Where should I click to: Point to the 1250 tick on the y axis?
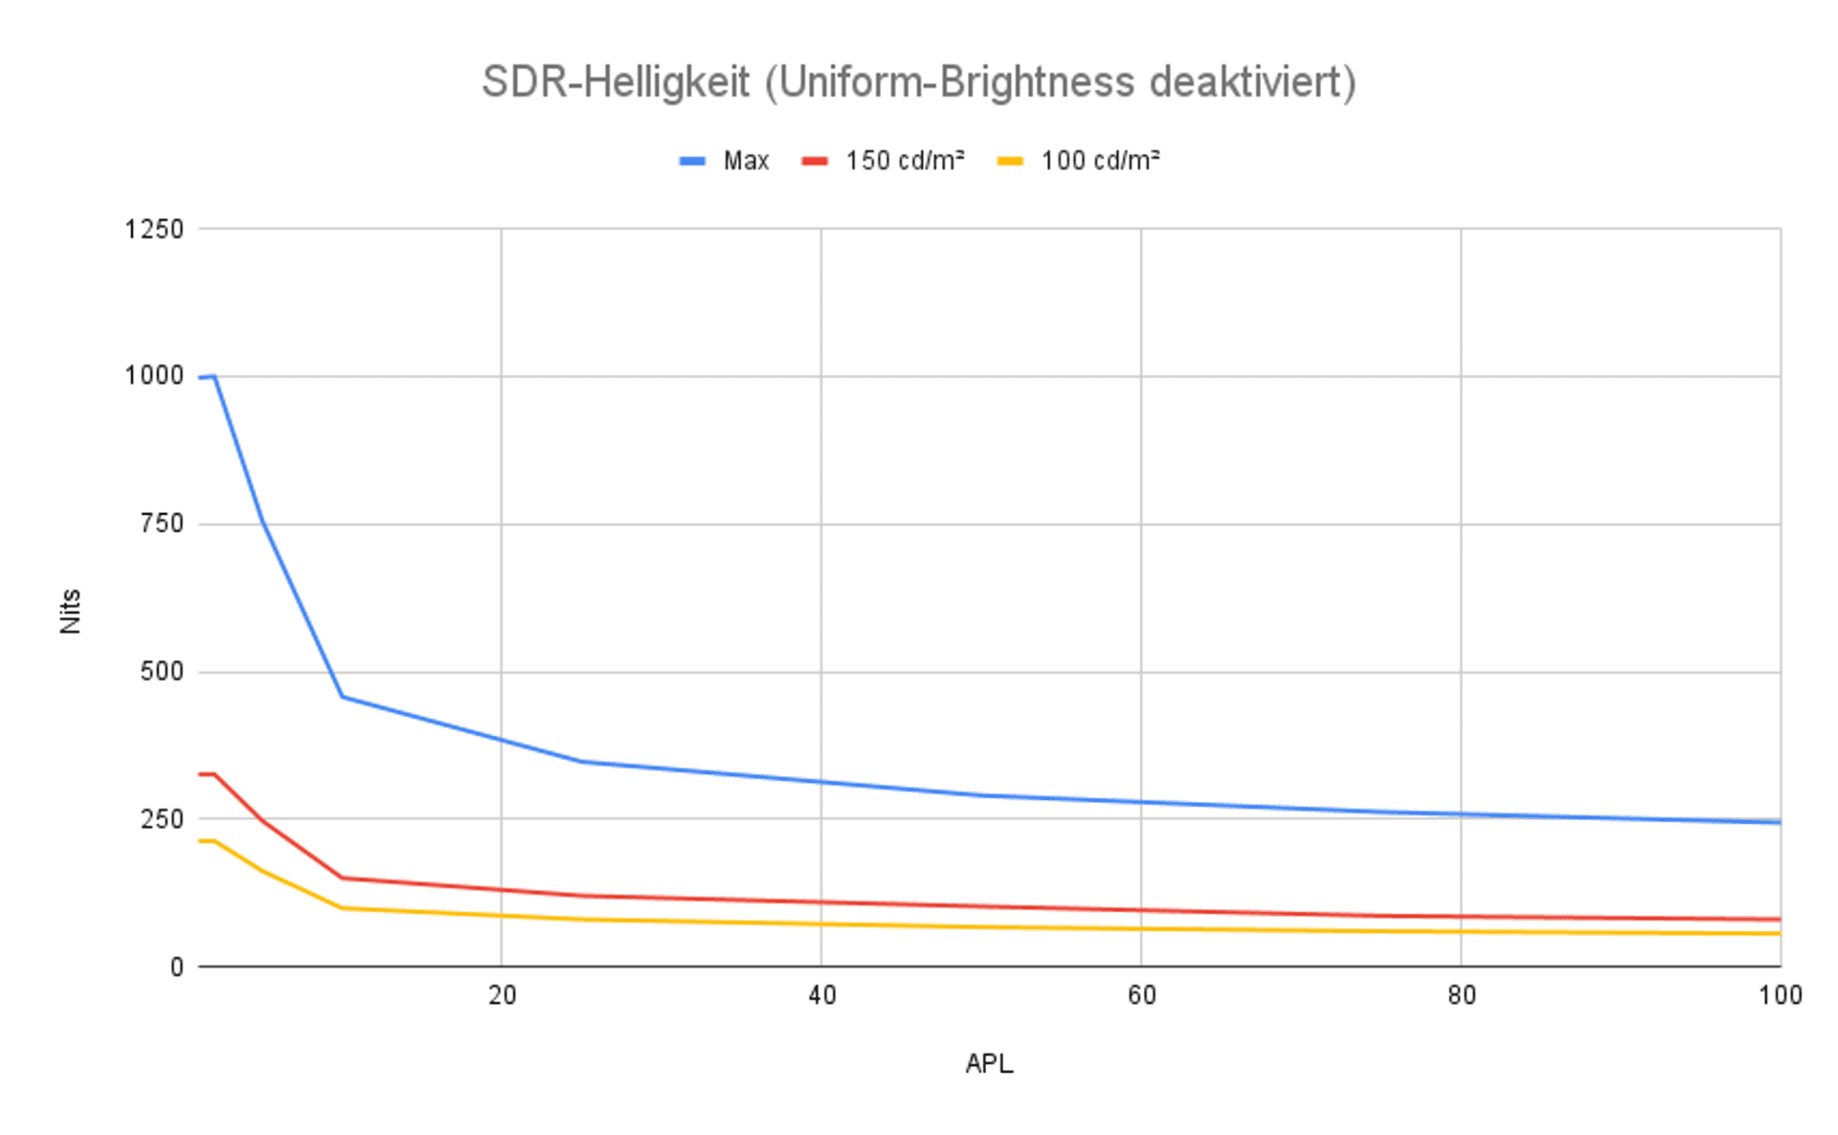click(x=154, y=230)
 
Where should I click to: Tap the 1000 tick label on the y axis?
click(x=154, y=376)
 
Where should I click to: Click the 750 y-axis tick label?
click(x=162, y=523)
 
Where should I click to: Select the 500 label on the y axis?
click(x=162, y=672)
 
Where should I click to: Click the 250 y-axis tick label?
click(x=162, y=819)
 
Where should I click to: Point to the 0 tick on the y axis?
click(x=177, y=968)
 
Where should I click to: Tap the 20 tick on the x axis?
click(x=502, y=996)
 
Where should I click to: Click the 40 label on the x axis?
click(x=821, y=996)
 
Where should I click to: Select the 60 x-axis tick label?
click(x=1141, y=996)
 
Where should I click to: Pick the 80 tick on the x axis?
click(x=1461, y=996)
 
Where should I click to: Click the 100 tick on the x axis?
click(x=1780, y=996)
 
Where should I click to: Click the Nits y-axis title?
click(x=70, y=612)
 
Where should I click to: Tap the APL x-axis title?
click(x=989, y=1064)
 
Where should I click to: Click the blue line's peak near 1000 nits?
click(x=213, y=376)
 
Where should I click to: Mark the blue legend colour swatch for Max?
click(x=692, y=161)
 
